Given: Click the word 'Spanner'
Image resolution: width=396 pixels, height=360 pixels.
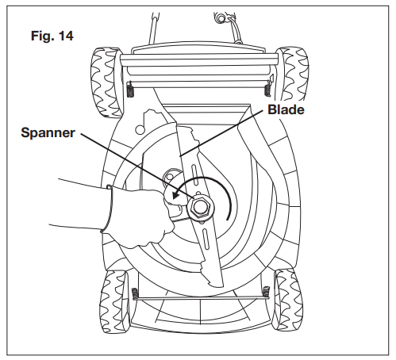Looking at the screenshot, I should click(48, 133).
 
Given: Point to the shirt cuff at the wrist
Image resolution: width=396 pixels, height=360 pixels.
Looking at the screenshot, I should click(110, 211).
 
